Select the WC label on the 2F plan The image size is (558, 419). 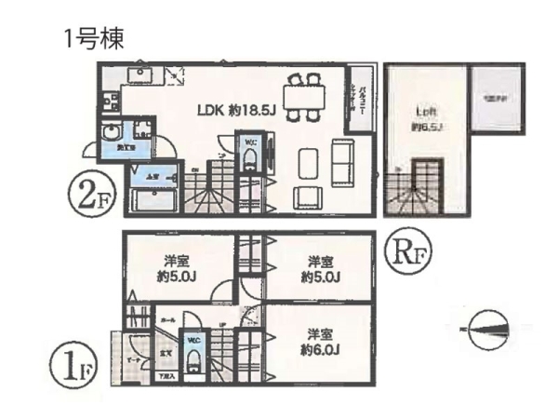click(x=250, y=142)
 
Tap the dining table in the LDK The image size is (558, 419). click(x=303, y=97)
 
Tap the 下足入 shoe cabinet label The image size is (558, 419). click(x=166, y=376)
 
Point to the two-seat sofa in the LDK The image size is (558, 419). click(x=341, y=164)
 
